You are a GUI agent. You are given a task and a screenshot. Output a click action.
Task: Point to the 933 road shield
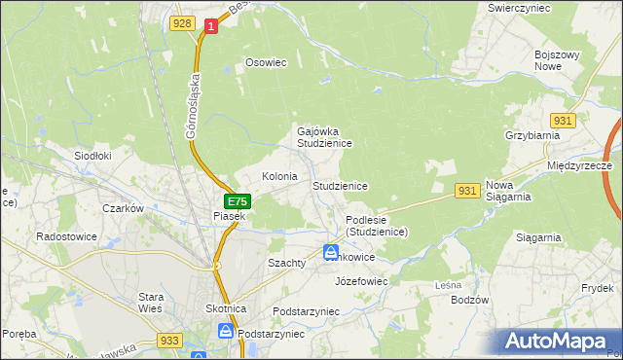[168, 341]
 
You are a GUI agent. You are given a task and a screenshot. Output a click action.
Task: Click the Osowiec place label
[266, 62]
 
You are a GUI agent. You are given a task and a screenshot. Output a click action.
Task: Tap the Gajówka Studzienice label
[324, 136]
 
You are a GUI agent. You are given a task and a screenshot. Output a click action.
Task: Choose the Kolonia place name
[279, 177]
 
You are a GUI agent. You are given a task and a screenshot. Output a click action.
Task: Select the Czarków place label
[124, 208]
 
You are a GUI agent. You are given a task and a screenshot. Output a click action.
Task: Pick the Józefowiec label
[361, 281]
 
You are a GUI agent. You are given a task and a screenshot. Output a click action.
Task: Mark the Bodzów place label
[469, 300]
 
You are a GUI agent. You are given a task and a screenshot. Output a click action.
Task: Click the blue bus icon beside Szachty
[332, 253]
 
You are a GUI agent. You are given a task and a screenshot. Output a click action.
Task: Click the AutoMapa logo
[560, 342]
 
